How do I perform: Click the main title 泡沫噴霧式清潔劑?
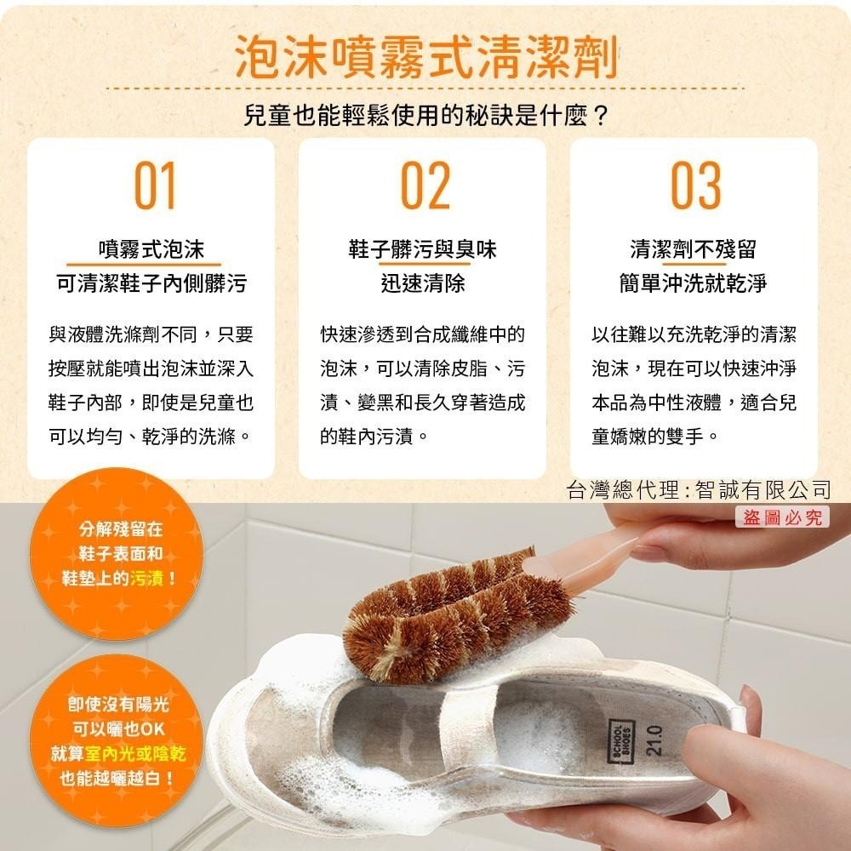pos(426,57)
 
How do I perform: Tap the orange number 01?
pos(155,185)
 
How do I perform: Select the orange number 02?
pos(425,185)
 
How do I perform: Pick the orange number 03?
pos(696,185)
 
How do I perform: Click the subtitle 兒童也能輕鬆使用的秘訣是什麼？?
pos(426,115)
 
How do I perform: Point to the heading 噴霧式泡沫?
pos(151,249)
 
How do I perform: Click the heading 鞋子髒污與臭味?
pos(422,249)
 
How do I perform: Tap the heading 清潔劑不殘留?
pos(693,249)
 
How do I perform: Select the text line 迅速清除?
pos(422,283)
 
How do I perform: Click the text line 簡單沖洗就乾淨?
pos(693,283)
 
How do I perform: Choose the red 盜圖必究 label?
pos(782,517)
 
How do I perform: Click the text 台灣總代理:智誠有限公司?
pos(699,489)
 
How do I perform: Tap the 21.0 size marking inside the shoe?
pos(654,741)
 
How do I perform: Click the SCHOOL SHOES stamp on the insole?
pos(621,741)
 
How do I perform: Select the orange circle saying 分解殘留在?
pos(117,554)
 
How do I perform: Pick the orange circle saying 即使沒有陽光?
pos(117,741)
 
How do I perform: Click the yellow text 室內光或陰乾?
pos(135,753)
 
